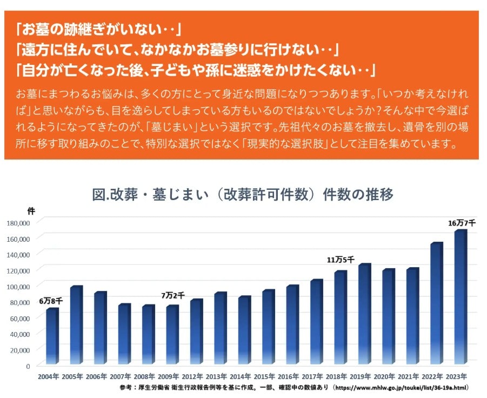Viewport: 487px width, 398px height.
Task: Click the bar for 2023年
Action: pos(459,297)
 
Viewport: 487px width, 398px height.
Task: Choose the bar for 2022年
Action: pos(436,303)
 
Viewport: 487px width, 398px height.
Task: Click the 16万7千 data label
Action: pos(461,223)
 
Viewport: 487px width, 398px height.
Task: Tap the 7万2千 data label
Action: pos(172,295)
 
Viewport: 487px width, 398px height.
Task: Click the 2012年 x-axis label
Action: pos(196,376)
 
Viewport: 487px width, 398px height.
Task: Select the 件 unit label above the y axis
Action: pos(31,210)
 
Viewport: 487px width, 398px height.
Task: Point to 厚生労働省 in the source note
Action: pos(157,388)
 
